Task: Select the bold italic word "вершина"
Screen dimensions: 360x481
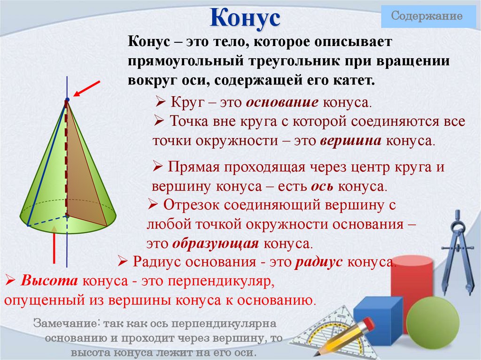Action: coord(352,141)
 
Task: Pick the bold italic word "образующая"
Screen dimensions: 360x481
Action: coord(216,244)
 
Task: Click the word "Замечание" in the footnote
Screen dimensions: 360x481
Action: coord(66,324)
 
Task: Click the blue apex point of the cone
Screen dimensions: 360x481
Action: coord(67,100)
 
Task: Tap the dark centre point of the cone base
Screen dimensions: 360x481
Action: coord(67,215)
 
